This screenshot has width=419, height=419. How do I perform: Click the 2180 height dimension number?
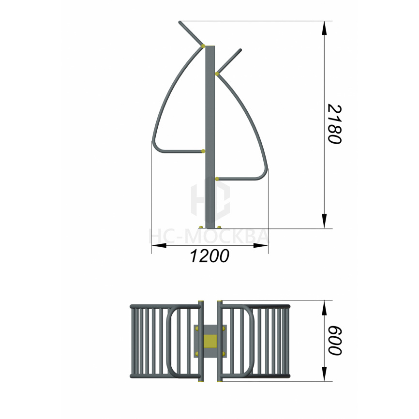click(x=334, y=124)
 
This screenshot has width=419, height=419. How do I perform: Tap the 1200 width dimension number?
click(x=209, y=256)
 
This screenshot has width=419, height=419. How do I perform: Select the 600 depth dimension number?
click(x=335, y=341)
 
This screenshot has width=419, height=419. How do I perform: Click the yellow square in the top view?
click(x=210, y=341)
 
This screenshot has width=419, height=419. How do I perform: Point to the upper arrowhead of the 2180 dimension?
click(x=324, y=28)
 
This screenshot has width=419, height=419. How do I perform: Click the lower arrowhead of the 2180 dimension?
click(x=324, y=222)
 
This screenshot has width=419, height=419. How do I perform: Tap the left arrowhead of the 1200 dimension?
click(x=159, y=245)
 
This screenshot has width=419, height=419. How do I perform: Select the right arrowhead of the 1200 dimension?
click(x=260, y=245)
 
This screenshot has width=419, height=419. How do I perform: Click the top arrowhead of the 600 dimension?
click(x=324, y=308)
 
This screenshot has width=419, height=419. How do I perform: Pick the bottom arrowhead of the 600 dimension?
click(x=324, y=374)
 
